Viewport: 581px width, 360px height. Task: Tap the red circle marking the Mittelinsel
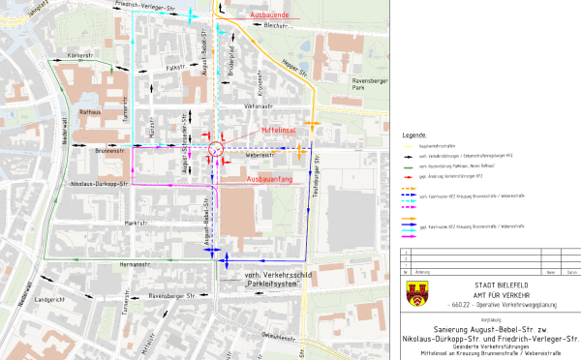coord(216,149)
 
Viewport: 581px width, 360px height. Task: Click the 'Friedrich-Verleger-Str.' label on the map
coord(150,5)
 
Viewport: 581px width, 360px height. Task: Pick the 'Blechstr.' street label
coord(276,27)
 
